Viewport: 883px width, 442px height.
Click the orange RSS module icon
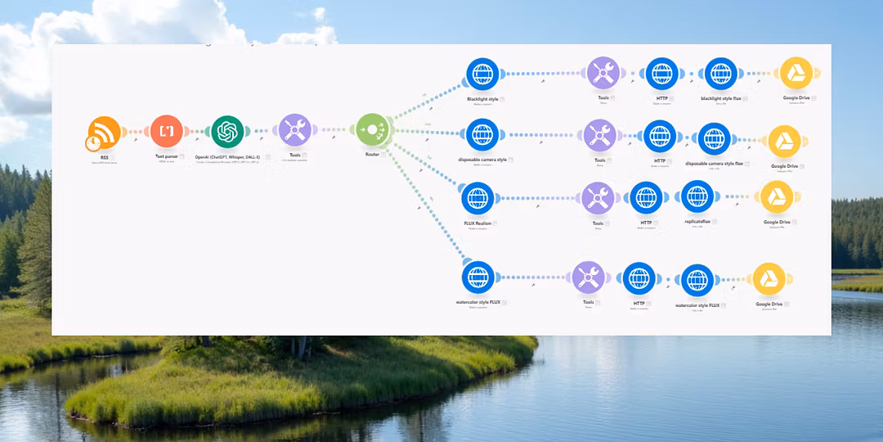pyautogui.click(x=105, y=131)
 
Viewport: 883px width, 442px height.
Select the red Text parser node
pyautogui.click(x=167, y=131)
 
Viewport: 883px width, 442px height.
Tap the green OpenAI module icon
pyautogui.click(x=228, y=131)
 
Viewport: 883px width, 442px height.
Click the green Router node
pyautogui.click(x=372, y=129)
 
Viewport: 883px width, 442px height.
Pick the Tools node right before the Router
pyautogui.click(x=294, y=130)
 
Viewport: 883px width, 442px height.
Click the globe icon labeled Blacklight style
pyautogui.click(x=482, y=74)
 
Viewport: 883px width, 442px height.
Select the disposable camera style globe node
pyautogui.click(x=482, y=134)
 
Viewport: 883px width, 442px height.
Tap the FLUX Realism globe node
pyautogui.click(x=477, y=198)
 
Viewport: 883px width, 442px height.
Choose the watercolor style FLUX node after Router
pyautogui.click(x=477, y=277)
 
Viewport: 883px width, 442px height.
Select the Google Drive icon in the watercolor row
pyautogui.click(x=769, y=279)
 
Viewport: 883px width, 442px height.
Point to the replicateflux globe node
pyautogui.click(x=697, y=197)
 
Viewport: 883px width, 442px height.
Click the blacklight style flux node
pyautogui.click(x=720, y=74)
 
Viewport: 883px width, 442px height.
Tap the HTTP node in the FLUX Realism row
pyautogui.click(x=646, y=197)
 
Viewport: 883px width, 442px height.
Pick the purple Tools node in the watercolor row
pyautogui.click(x=589, y=278)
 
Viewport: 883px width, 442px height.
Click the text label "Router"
pyautogui.click(x=372, y=154)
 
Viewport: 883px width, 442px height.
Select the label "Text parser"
pyautogui.click(x=166, y=156)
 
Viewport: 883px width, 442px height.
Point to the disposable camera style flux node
pyautogui.click(x=714, y=139)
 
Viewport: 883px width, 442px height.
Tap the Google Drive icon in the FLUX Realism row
pyautogui.click(x=777, y=197)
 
